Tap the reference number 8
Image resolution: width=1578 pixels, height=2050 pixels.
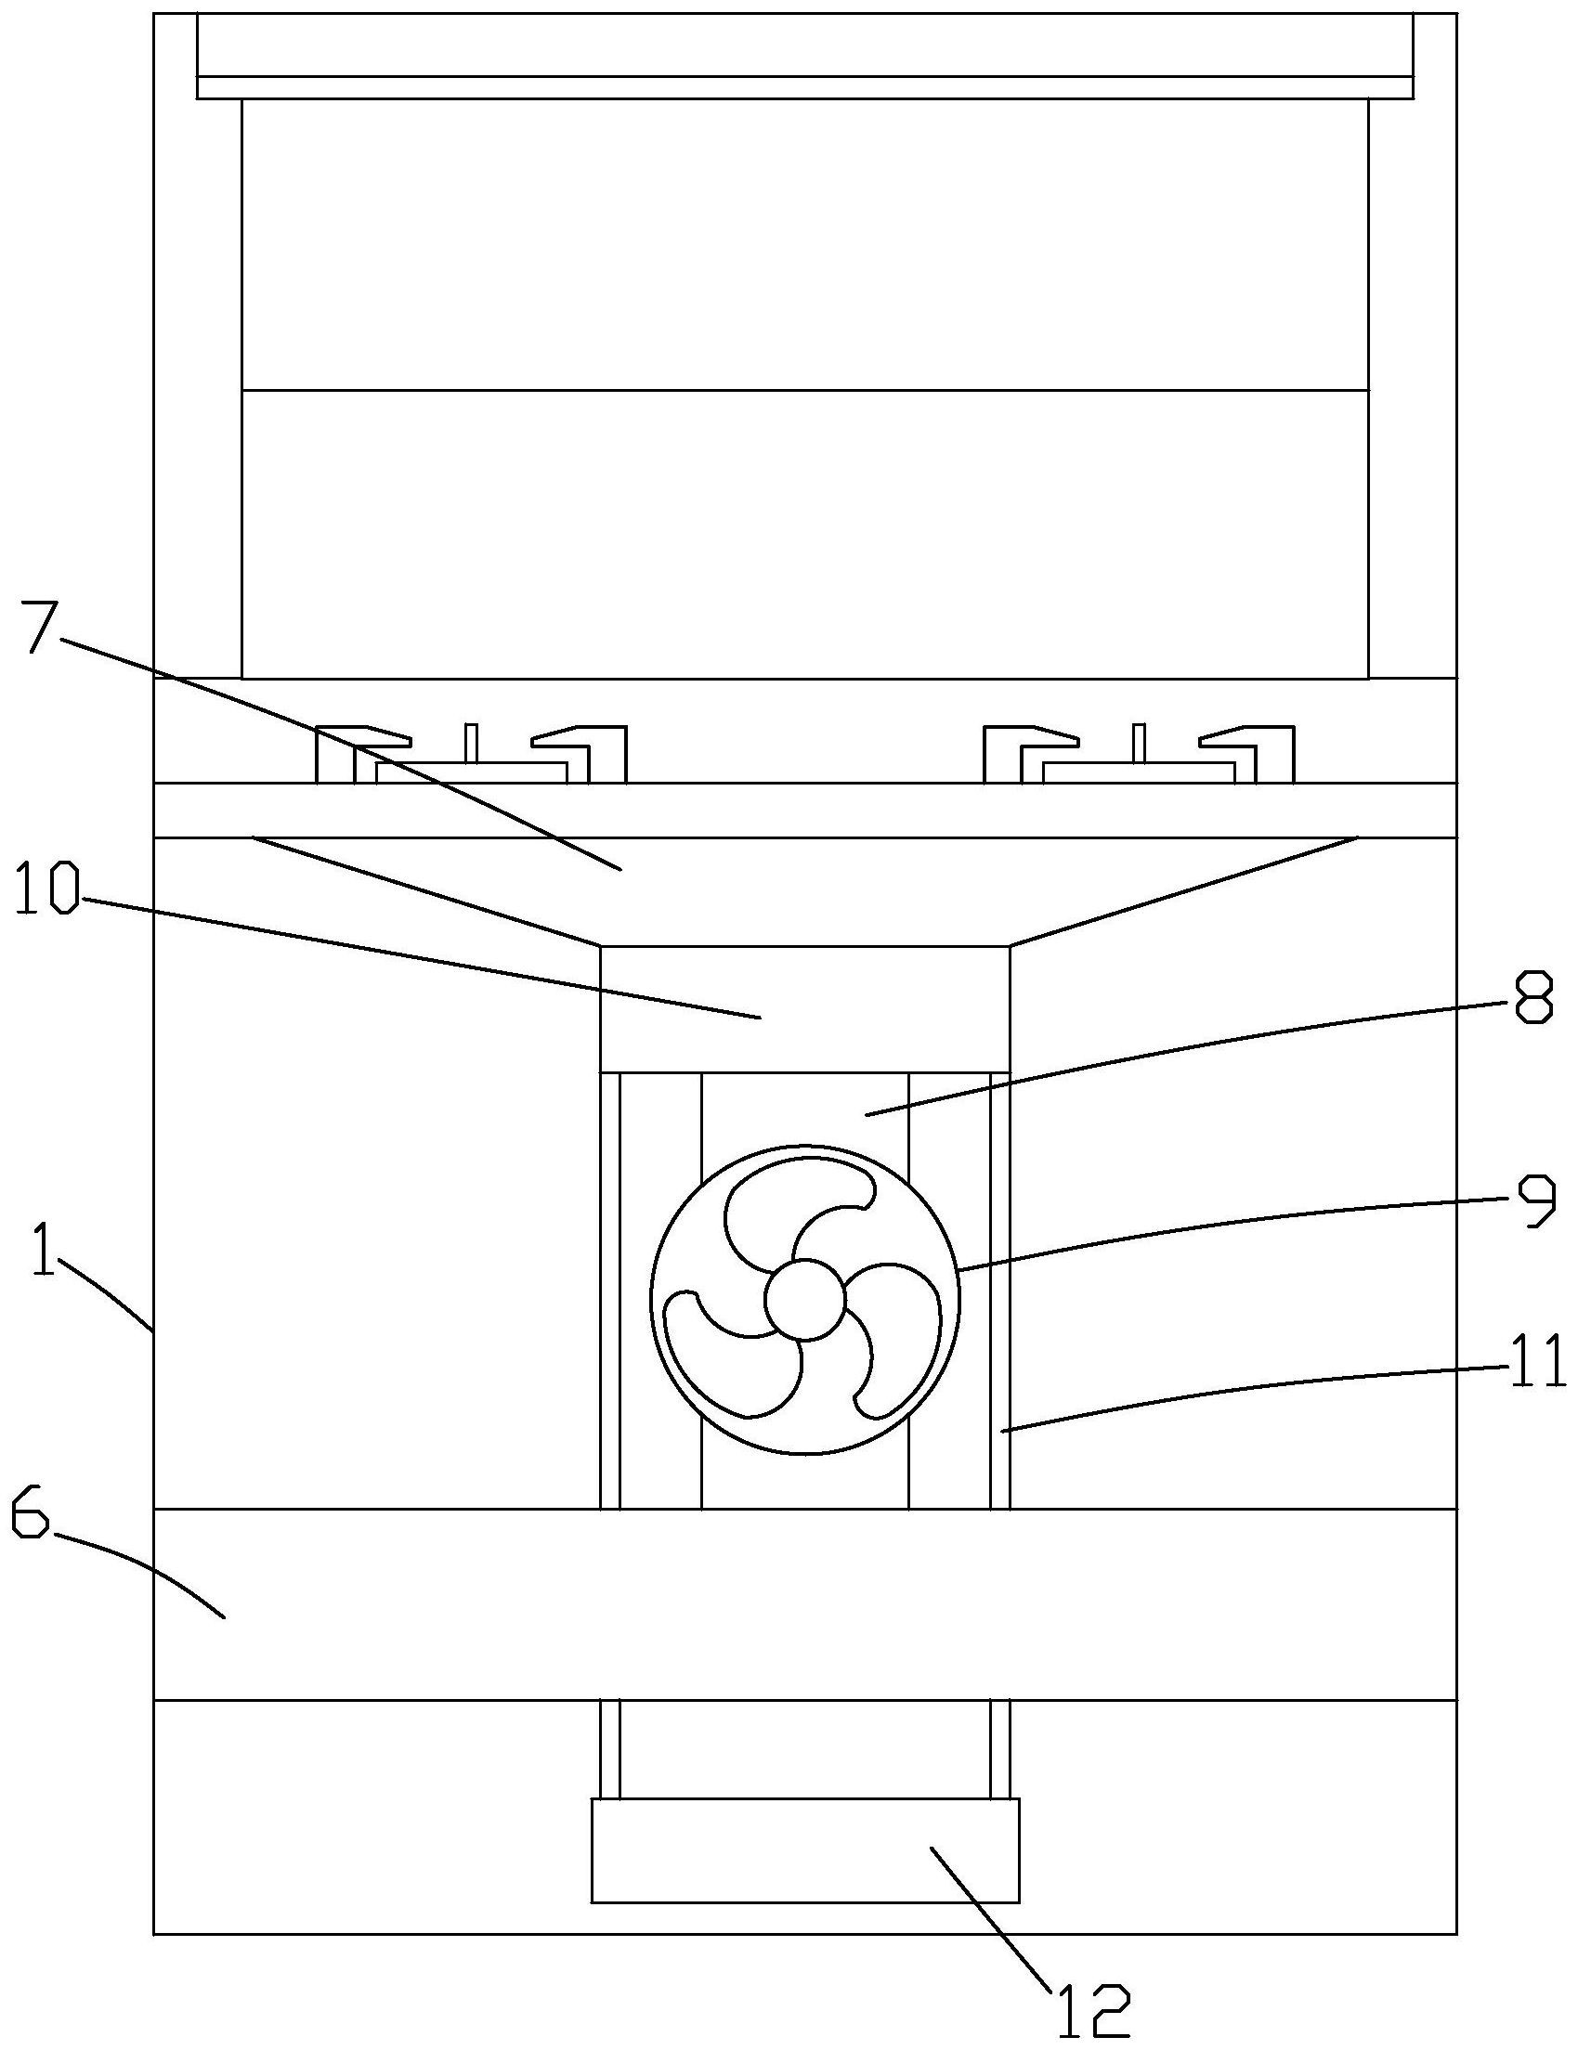click(x=1532, y=1000)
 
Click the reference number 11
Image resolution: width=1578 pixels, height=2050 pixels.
click(x=1538, y=1360)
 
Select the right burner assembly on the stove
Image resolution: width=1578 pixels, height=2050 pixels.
click(x=1139, y=756)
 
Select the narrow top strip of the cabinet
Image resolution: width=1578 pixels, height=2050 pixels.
click(x=804, y=87)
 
